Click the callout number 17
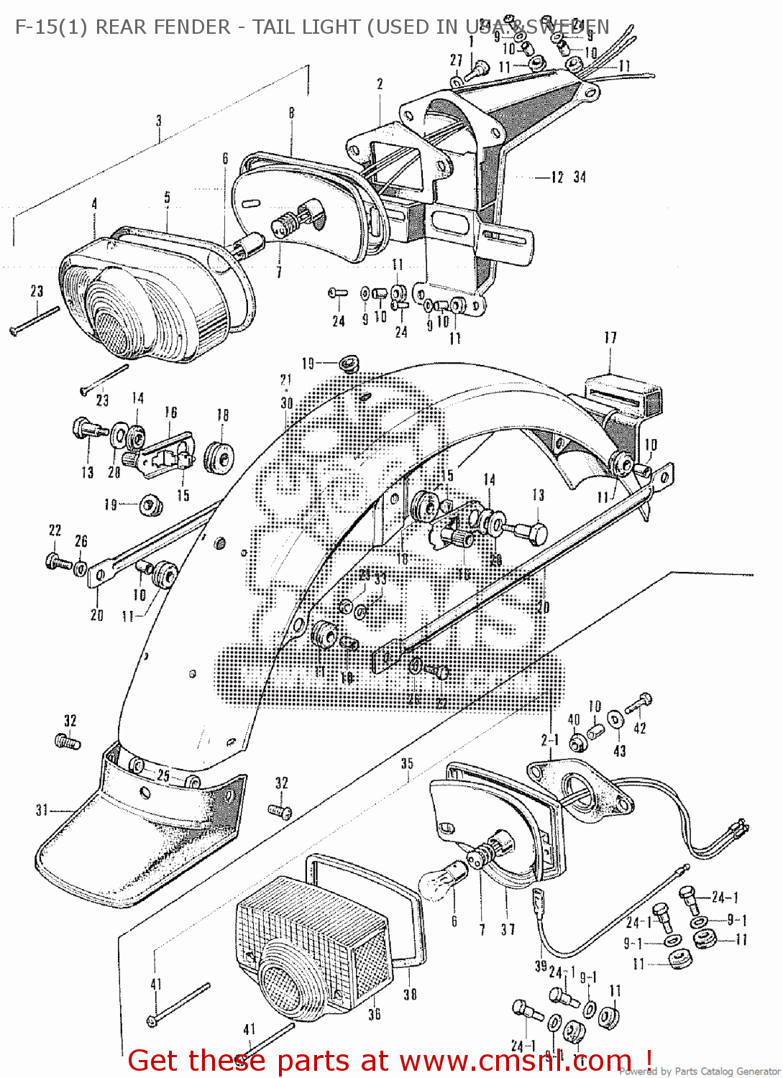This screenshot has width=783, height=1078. [x=610, y=337]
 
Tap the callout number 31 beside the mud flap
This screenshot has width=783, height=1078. [x=42, y=810]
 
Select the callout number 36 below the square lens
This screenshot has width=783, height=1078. [x=374, y=1014]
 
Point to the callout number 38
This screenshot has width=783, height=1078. [x=410, y=994]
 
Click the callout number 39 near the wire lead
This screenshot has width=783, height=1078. [x=541, y=967]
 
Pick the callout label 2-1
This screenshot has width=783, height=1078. [x=550, y=740]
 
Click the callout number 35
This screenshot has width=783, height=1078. [x=407, y=763]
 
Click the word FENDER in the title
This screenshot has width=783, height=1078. [x=190, y=27]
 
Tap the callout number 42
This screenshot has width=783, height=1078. [x=639, y=728]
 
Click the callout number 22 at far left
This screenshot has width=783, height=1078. [x=55, y=530]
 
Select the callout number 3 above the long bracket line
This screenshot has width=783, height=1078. [x=159, y=121]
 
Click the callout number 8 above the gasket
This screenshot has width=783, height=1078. [x=291, y=113]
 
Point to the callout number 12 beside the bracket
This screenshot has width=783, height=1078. [x=557, y=177]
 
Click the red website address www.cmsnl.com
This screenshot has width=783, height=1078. [x=515, y=1061]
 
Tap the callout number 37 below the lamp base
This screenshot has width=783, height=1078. [x=508, y=929]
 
